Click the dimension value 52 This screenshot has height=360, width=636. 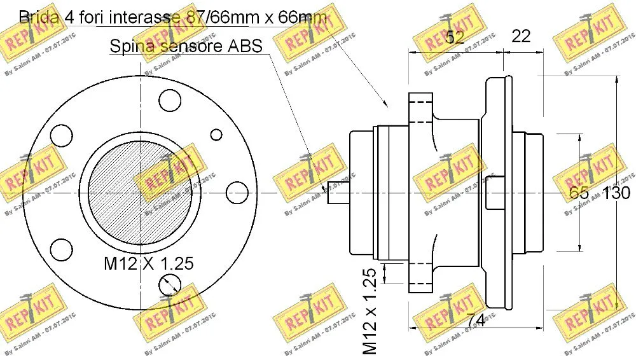pyautogui.click(x=454, y=38)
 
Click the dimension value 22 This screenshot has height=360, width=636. pyautogui.click(x=521, y=36)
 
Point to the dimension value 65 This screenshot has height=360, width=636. pyautogui.click(x=579, y=193)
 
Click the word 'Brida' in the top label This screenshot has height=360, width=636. pyautogui.click(x=40, y=17)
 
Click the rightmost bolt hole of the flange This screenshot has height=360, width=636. pyautogui.click(x=237, y=190)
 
